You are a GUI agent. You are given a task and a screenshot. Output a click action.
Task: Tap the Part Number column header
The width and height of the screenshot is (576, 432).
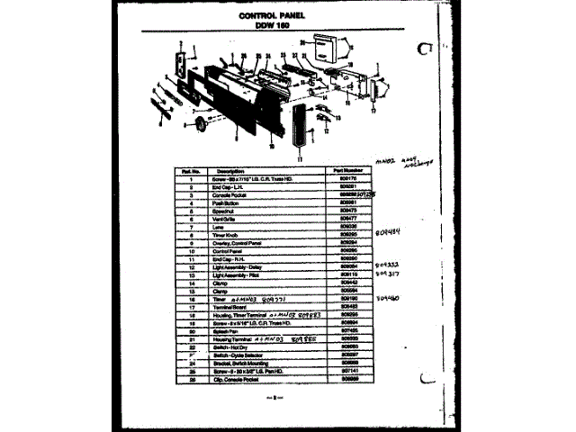[x=346, y=169]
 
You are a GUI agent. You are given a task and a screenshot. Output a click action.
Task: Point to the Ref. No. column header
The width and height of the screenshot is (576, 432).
[x=189, y=169]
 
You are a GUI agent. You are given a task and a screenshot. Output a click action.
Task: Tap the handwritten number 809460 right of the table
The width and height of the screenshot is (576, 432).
[x=389, y=295]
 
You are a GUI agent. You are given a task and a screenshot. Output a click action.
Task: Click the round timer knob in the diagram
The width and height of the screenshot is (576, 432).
[x=200, y=122]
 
